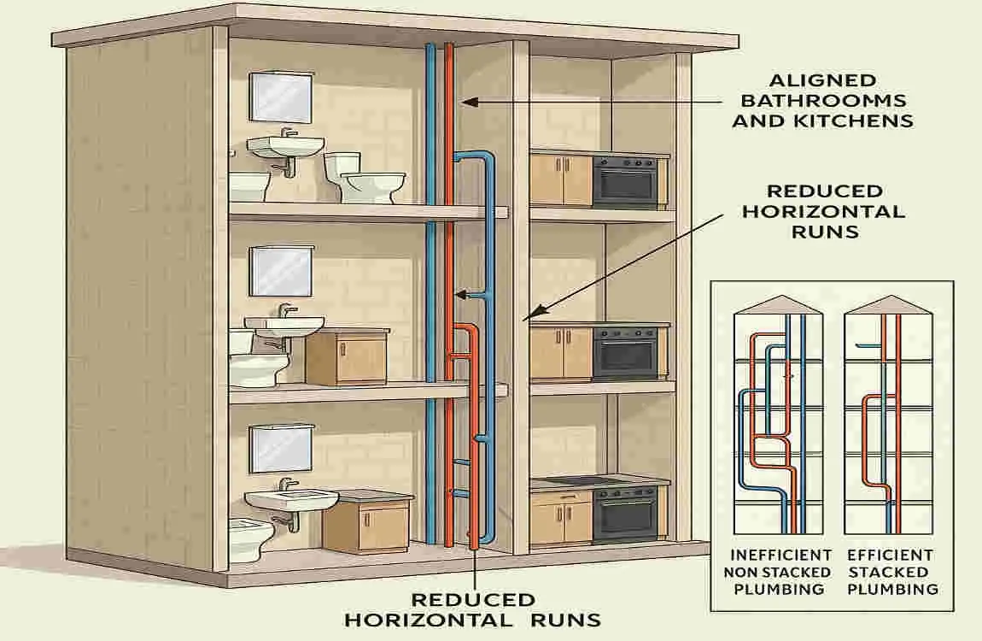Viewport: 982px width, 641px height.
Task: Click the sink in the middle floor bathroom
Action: click(x=284, y=326)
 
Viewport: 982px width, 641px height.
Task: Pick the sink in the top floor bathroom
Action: click(x=286, y=147)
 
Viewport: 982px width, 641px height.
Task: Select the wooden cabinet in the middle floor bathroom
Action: click(x=345, y=357)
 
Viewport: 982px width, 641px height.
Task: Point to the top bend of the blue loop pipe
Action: click(x=475, y=155)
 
